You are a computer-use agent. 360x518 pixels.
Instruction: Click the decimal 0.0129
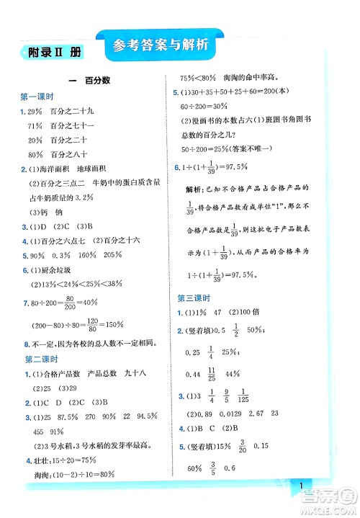(x=241, y=414)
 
